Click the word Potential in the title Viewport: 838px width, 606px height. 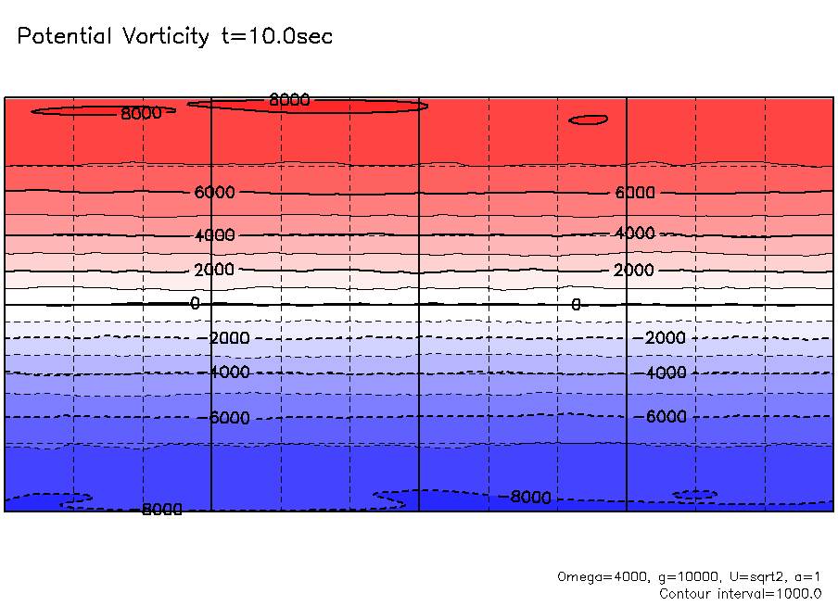tap(63, 37)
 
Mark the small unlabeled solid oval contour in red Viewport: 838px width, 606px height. tap(588, 120)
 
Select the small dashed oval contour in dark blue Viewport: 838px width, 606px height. tap(694, 495)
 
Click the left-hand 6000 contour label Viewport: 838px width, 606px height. tap(214, 193)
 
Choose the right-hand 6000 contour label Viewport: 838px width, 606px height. tap(635, 193)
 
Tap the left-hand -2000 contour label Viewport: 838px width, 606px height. tap(229, 338)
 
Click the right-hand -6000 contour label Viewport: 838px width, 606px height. tap(666, 417)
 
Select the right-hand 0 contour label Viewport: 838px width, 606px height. tap(576, 304)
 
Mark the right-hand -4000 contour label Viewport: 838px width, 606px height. tap(666, 373)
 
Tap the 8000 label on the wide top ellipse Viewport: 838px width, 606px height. tap(289, 100)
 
